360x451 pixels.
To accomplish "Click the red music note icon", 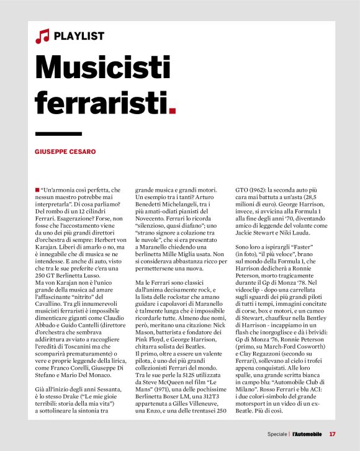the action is tap(42, 37).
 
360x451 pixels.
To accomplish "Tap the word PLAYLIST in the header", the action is tap(79, 37).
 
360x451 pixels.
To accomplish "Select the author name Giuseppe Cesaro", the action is tap(65, 151).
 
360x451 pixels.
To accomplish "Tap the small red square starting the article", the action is tap(38, 189).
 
